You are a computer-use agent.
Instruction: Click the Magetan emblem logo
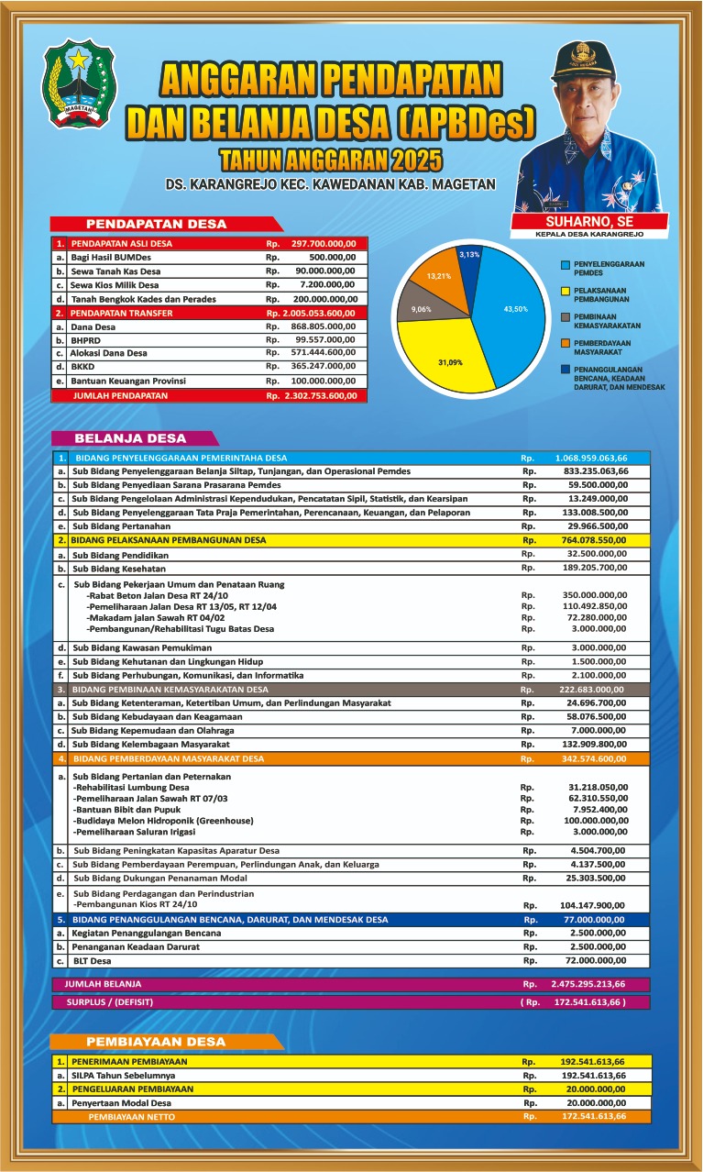(x=80, y=83)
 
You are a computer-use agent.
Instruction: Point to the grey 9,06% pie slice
(x=423, y=309)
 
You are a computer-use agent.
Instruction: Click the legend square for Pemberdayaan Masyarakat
(x=566, y=344)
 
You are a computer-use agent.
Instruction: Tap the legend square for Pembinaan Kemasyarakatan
(x=566, y=317)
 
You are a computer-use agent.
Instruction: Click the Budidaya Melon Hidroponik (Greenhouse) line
(x=164, y=820)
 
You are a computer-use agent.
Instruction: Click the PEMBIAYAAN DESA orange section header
(x=156, y=1042)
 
